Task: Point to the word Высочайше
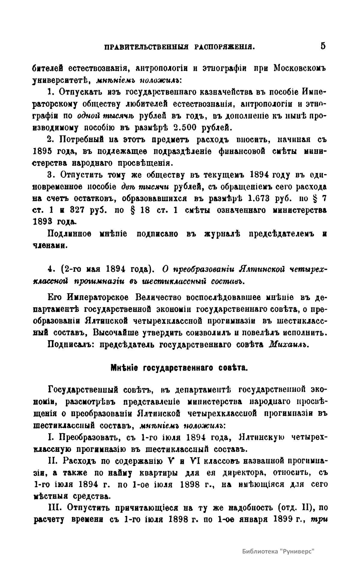point(115,333)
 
